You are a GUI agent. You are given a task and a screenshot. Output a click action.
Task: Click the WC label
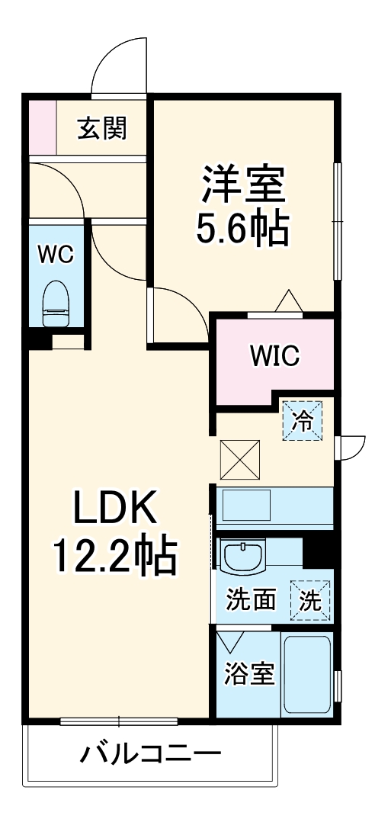(x=56, y=255)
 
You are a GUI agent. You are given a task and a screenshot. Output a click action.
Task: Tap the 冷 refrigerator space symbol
(x=303, y=421)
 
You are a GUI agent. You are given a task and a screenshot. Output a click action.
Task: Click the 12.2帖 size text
(x=114, y=557)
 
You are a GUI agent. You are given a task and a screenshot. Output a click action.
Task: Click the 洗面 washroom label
(x=250, y=600)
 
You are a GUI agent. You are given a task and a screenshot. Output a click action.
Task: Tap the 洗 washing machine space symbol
(x=310, y=600)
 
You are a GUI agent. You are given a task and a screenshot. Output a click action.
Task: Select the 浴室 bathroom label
(x=249, y=673)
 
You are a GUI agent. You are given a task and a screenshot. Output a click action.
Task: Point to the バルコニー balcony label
(x=151, y=755)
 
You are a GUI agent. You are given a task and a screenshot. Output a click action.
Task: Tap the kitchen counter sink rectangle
(x=245, y=506)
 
